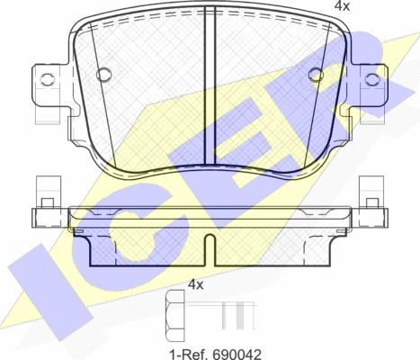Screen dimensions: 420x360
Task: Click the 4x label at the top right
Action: [x=342, y=5]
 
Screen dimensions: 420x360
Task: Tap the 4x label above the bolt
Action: [x=195, y=284]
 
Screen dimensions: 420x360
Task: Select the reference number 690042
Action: [x=237, y=355]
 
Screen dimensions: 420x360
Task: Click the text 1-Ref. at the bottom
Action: [x=190, y=355]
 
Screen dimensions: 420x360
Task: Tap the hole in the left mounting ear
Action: [x=47, y=78]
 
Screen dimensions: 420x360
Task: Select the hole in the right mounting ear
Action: [x=372, y=78]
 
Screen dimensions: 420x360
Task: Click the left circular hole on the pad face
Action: [x=103, y=74]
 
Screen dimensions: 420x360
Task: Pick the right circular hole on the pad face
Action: [x=317, y=74]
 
